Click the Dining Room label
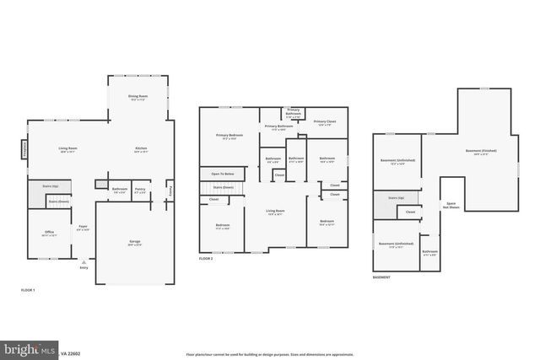point(138,98)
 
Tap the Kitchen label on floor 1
point(141,150)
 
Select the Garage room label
point(134,243)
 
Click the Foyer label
point(84,227)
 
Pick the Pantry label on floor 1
point(141,190)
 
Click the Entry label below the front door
point(84,268)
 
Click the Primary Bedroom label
point(229,137)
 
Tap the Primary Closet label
point(325,123)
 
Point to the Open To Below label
point(223,174)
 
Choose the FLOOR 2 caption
point(206,259)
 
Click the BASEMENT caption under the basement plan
point(382,277)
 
